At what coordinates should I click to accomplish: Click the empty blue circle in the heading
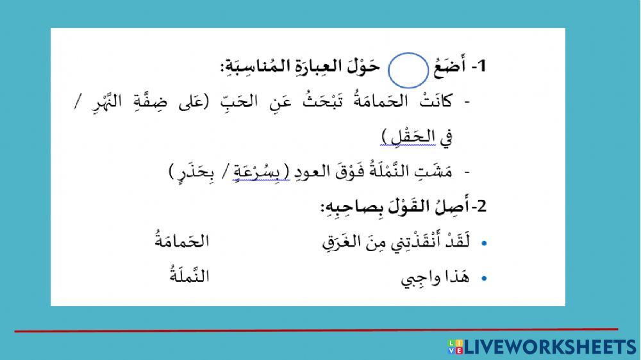pos(408,70)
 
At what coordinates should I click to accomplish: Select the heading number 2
pos(482,206)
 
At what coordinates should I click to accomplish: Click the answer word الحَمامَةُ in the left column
pos(183,241)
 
